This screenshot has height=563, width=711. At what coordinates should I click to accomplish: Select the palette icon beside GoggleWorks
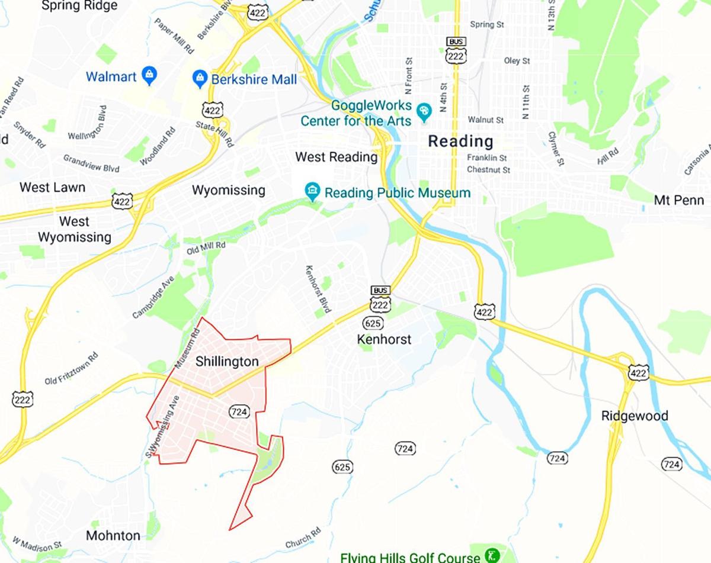click(x=424, y=111)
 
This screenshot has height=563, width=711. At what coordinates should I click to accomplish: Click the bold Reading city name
click(x=460, y=141)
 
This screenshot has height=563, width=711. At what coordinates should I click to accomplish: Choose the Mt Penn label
click(x=679, y=200)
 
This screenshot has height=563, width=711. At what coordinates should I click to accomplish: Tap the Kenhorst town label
click(x=385, y=340)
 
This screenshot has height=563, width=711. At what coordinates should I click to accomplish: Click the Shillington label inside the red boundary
click(x=227, y=361)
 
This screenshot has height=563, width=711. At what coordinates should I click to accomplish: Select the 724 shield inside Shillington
click(x=238, y=411)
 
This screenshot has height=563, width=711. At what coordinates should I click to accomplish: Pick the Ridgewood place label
click(x=635, y=416)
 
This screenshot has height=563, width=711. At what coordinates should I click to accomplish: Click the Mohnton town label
click(x=113, y=536)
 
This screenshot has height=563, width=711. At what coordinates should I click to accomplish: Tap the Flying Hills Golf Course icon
click(x=491, y=555)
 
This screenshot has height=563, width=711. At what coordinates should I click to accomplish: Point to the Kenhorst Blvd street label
click(x=318, y=289)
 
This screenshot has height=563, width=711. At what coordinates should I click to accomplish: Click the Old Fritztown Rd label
click(x=71, y=369)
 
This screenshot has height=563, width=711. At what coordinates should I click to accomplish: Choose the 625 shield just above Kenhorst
click(x=373, y=323)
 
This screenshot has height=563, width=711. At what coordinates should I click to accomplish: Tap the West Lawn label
click(x=52, y=188)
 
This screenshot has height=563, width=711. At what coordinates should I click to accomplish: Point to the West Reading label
click(x=336, y=157)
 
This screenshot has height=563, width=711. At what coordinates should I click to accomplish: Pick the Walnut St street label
click(x=485, y=120)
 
